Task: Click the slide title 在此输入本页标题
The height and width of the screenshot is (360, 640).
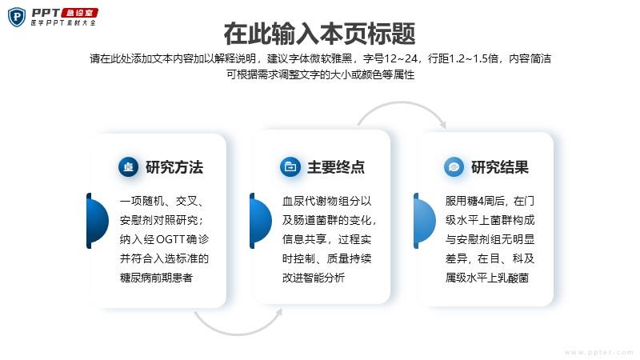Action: point(319,34)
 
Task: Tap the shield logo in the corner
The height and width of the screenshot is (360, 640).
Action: point(17,17)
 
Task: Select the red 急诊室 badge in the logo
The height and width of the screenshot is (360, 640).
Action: point(79,13)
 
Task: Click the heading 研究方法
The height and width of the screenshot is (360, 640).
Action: point(174,167)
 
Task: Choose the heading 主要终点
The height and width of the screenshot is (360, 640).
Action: point(336,167)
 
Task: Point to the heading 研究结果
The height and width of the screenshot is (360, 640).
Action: point(500,167)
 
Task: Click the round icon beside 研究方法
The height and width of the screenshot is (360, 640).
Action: point(129,167)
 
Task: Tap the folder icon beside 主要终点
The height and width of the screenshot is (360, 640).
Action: point(290,167)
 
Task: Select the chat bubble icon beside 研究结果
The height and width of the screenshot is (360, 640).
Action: point(454,167)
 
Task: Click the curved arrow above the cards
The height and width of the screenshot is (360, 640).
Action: point(402,103)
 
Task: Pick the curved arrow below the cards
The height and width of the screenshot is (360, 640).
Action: point(237,334)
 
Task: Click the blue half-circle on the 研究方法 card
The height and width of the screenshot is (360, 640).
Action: point(98,221)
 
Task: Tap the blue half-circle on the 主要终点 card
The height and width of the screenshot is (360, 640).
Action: point(261,221)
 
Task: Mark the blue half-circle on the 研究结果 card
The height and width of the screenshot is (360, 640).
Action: point(425,221)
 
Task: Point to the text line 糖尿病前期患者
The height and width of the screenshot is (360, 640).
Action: point(156,278)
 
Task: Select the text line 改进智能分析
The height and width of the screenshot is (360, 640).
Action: point(314,278)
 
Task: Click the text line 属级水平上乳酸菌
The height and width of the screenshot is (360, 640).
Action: point(487,278)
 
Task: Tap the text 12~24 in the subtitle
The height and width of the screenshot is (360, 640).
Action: point(401,58)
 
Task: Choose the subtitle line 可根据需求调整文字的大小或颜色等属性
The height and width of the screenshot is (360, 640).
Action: point(321,74)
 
